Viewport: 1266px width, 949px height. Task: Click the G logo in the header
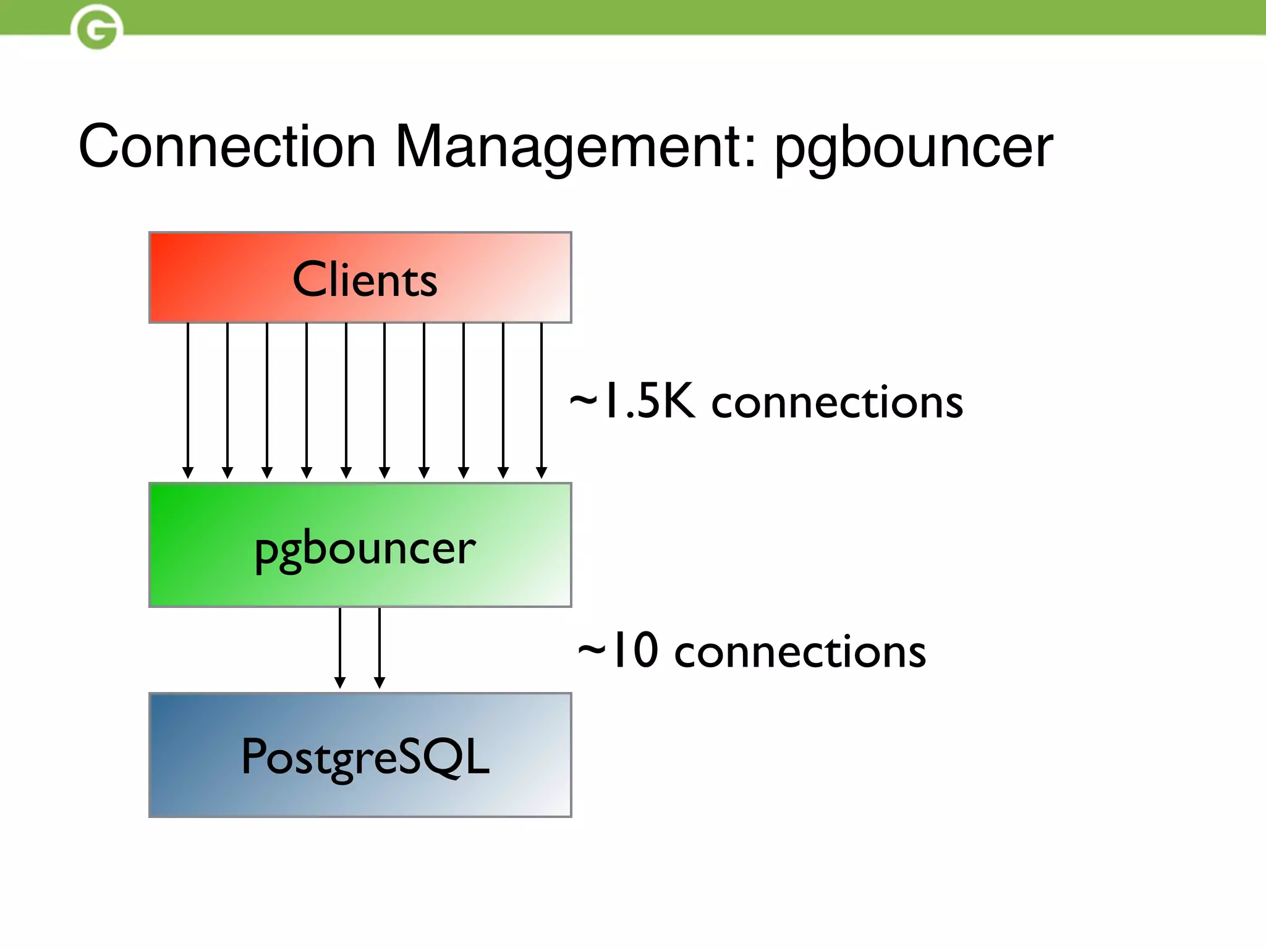click(96, 27)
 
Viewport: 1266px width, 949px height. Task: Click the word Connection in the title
click(227, 146)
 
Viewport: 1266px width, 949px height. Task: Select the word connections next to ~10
click(800, 652)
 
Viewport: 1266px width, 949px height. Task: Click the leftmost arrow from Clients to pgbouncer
click(188, 395)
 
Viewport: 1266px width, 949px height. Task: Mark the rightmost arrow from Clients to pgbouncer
click(542, 395)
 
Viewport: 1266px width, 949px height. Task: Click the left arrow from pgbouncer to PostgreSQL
click(340, 646)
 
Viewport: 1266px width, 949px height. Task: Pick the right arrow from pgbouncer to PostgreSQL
click(380, 646)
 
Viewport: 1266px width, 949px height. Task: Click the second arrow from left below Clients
click(227, 395)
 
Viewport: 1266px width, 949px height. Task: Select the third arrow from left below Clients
click(267, 395)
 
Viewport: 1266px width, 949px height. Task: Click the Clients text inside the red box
click(365, 279)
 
